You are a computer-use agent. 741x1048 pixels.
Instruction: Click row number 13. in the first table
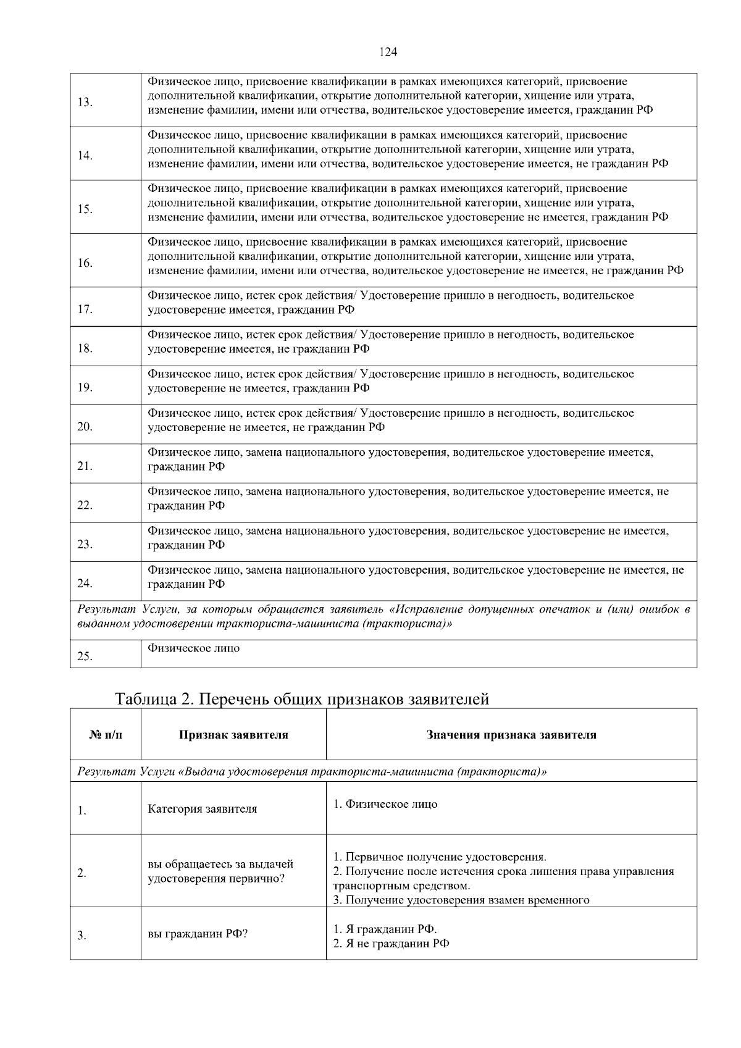point(85,102)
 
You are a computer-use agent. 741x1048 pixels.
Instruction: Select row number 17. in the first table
point(85,309)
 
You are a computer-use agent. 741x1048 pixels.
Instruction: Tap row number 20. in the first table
point(85,427)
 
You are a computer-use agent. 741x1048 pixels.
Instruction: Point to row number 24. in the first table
point(85,583)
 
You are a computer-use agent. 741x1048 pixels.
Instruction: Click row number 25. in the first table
point(85,656)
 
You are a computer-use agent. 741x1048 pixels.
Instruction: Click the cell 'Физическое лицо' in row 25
point(193,648)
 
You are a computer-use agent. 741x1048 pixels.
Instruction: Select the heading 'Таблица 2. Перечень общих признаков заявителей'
point(302,699)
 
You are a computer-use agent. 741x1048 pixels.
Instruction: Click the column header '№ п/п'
point(106,735)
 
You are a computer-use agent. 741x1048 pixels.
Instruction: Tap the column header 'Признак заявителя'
point(233,735)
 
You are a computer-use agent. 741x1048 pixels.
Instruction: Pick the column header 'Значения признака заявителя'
point(511,735)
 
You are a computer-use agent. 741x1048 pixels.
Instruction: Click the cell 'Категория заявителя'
point(202,809)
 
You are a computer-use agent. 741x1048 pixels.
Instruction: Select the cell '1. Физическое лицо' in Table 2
point(385,804)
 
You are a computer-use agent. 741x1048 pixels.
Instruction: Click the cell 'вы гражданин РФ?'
point(198,934)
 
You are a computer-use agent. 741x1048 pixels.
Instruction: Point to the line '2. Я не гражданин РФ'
point(391,944)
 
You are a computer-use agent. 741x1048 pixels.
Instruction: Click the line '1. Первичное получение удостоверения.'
point(440,857)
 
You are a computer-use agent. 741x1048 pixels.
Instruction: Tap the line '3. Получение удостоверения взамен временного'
point(461,900)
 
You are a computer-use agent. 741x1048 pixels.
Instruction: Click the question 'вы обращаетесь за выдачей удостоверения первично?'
point(220,871)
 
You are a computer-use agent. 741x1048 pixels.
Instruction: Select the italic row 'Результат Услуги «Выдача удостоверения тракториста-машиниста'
point(312,772)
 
